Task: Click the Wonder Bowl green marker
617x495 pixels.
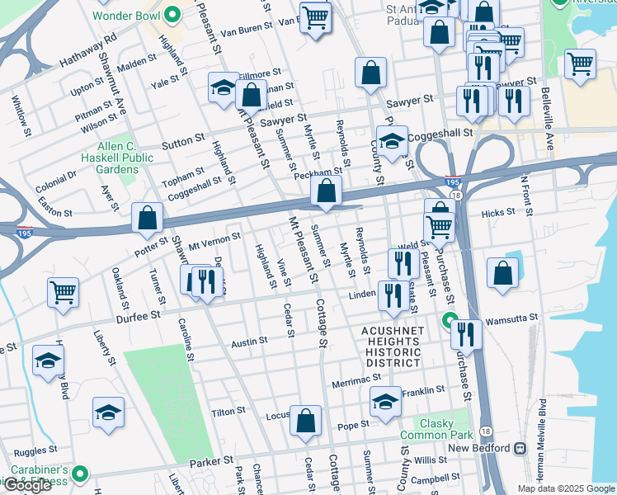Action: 172,14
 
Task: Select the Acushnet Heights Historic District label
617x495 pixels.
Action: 391,342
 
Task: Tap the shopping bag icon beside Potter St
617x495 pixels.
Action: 147,219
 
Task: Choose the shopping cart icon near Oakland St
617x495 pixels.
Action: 63,292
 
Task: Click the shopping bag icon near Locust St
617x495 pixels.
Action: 305,421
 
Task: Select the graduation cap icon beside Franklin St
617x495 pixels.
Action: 384,402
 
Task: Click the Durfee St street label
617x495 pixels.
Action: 137,316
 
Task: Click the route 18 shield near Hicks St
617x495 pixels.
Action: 455,196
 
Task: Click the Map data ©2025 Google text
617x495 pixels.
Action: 566,488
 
